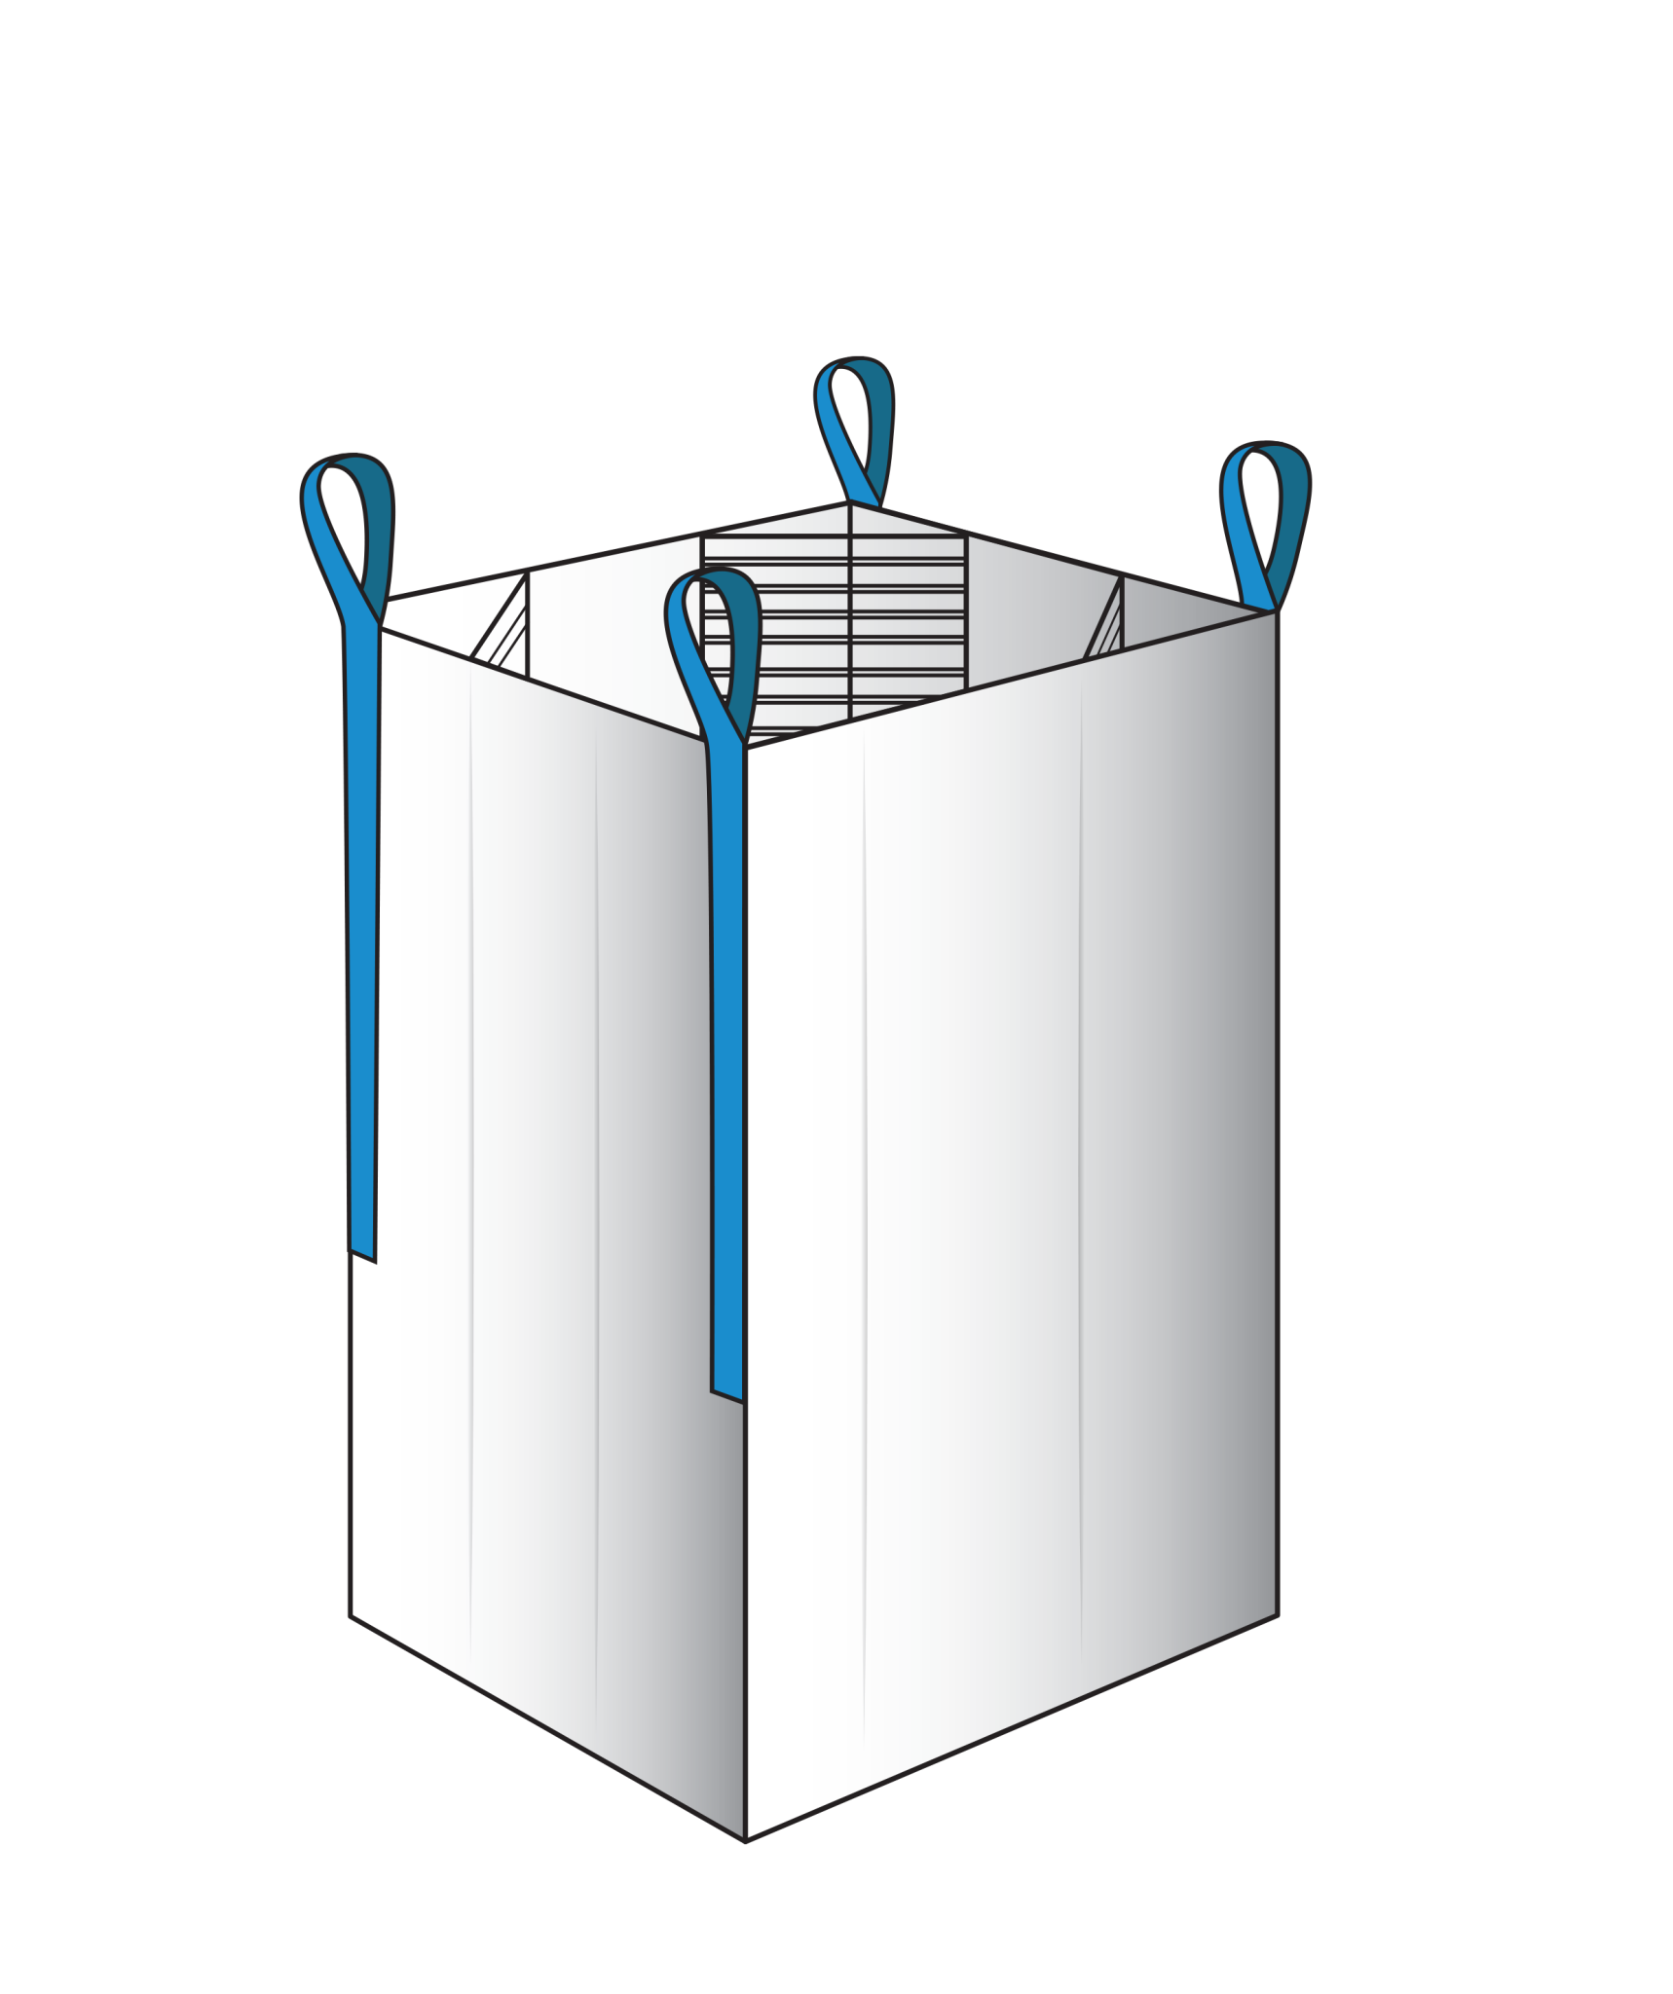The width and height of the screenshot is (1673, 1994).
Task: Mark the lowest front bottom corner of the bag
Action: [746, 1839]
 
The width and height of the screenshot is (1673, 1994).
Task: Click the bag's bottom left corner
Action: [352, 1615]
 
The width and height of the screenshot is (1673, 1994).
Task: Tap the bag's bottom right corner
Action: [1276, 1615]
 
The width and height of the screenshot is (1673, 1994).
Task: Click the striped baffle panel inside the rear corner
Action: [834, 623]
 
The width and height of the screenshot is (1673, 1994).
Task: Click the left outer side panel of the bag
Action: [545, 1168]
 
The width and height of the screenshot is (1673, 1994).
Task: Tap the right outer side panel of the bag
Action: [1013, 1168]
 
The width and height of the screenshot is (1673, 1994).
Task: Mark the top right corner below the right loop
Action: [1275, 613]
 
